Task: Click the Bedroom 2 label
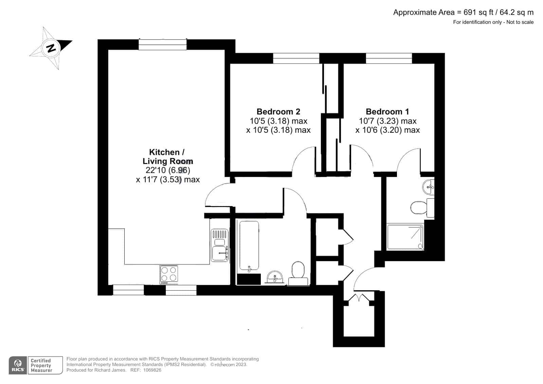tap(278, 111)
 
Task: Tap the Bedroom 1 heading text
tap(387, 111)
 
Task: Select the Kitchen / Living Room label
tap(167, 157)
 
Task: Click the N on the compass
tap(51, 48)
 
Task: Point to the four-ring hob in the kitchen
tap(169, 274)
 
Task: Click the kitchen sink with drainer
tap(220, 245)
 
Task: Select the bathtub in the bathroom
tap(249, 246)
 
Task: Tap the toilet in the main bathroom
tap(298, 273)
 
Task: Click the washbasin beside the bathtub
tap(275, 277)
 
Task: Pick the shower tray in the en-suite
tap(405, 237)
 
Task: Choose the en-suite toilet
tap(422, 208)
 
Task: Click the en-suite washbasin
tap(428, 187)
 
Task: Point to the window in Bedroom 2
tap(296, 58)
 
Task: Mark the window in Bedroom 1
tap(389, 58)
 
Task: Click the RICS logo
tap(18, 365)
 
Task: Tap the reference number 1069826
tap(152, 370)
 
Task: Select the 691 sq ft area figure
tap(478, 12)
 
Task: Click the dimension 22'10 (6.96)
tap(168, 170)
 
